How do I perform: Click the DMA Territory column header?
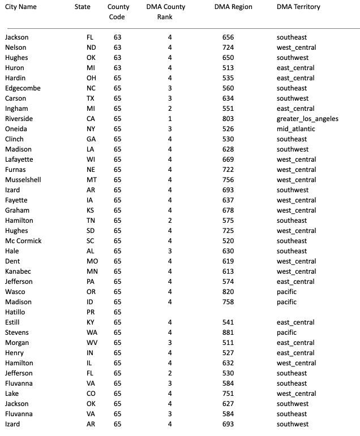click(298, 7)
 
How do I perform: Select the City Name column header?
click(21, 7)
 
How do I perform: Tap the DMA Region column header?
click(233, 7)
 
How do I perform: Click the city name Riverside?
click(19, 119)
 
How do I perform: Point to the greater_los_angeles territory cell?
click(307, 119)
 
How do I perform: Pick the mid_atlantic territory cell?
click(296, 129)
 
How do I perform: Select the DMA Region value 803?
click(228, 119)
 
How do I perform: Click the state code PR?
click(91, 312)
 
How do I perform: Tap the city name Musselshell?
click(23, 180)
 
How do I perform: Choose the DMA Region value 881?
click(228, 333)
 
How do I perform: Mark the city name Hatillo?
click(15, 312)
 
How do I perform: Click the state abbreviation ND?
click(91, 48)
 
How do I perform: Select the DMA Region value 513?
click(228, 68)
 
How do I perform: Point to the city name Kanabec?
click(18, 271)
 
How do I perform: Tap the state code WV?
click(91, 343)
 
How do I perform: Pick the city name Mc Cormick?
click(23, 241)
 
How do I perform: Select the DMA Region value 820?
click(228, 292)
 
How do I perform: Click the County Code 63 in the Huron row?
click(117, 68)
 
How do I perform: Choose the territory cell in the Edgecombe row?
click(292, 88)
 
